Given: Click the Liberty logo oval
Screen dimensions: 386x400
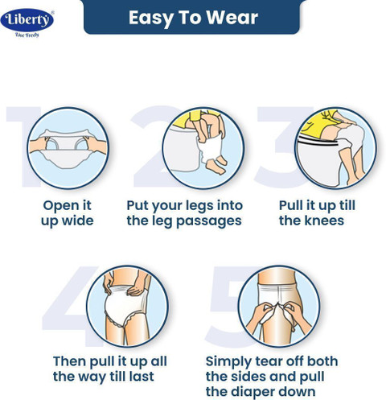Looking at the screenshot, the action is point(27,20).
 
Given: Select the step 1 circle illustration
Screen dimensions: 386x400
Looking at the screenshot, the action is point(68,148).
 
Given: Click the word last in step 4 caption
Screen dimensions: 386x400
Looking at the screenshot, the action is point(142,376).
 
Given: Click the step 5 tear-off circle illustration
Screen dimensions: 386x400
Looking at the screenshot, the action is point(279,306).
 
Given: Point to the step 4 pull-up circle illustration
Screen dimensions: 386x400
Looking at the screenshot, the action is point(127,306).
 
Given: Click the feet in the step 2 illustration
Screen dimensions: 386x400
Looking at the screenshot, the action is point(216,165).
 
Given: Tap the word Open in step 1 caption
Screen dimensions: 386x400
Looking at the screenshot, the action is point(58,206).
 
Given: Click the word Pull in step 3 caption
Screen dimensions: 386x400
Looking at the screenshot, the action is point(290,205).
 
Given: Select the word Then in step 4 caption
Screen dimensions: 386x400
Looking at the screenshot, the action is point(69,361).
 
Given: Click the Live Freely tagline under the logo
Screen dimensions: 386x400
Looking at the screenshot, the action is point(27,35).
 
